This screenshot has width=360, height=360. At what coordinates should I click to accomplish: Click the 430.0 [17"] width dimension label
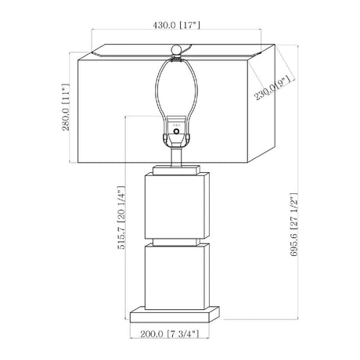pos(176,25)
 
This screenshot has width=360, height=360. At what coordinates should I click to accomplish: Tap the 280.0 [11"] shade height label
pos(66,107)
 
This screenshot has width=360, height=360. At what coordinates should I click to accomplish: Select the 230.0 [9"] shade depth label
pos(272,88)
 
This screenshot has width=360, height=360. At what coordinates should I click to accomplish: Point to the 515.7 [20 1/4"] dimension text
pos(121,218)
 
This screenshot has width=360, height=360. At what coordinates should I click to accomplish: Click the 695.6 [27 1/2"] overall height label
pos(293,225)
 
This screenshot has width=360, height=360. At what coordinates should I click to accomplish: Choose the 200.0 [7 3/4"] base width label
pos(170,333)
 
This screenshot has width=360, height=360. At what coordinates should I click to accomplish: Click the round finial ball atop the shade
pos(176,49)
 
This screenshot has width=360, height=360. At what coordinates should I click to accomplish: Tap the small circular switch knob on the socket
pos(177,131)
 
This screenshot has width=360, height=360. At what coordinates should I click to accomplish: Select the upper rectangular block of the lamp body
pos(177,206)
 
